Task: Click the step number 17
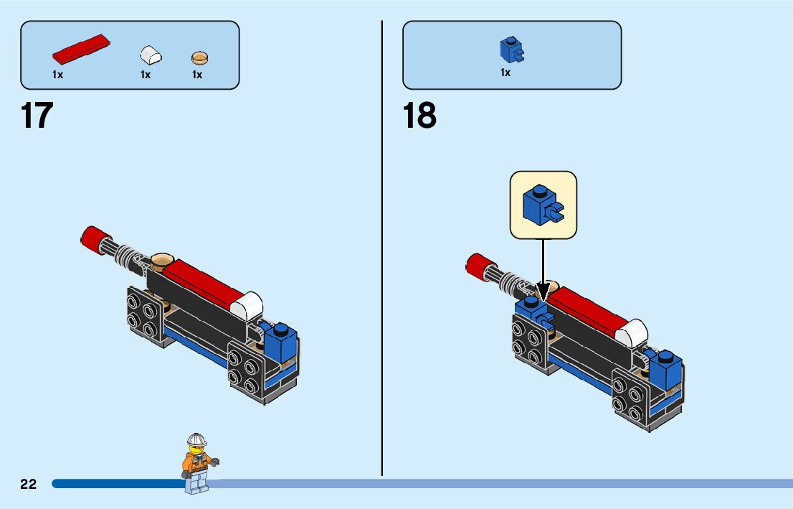pyautogui.click(x=37, y=116)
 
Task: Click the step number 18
pyautogui.click(x=419, y=116)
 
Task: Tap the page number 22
pyautogui.click(x=29, y=484)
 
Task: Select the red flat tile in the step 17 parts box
pyautogui.click(x=81, y=48)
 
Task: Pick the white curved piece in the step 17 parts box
pyautogui.click(x=151, y=55)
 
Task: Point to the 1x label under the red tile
pyautogui.click(x=58, y=75)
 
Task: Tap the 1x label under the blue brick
pyautogui.click(x=505, y=73)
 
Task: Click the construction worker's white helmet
pyautogui.click(x=196, y=439)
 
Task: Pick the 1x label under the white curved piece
pyautogui.click(x=146, y=75)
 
